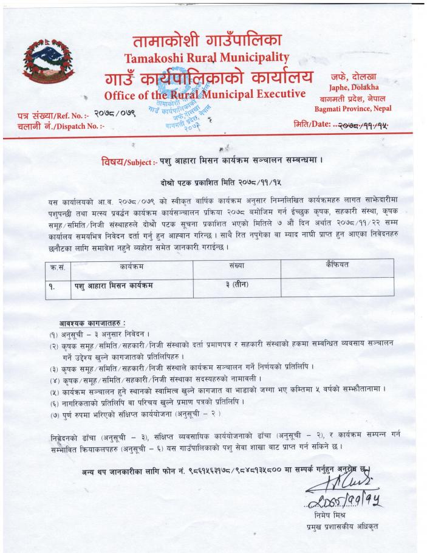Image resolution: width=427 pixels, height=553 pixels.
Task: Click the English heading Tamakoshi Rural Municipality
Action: (205, 58)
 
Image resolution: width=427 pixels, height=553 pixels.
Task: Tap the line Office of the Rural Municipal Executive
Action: (204, 95)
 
